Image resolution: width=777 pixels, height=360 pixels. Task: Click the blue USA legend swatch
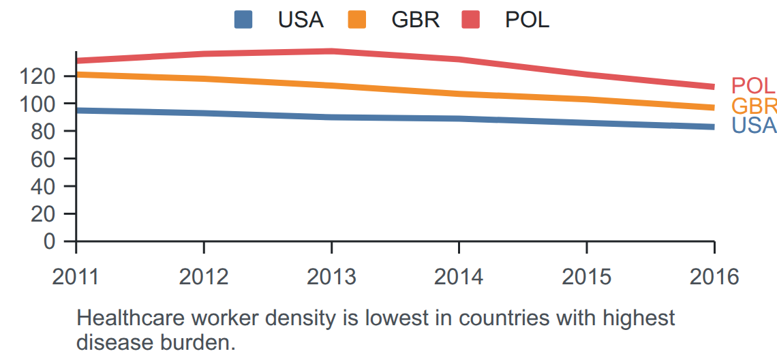243,20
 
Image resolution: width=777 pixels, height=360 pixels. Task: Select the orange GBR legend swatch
356,20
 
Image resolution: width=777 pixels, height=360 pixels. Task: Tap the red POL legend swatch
470,20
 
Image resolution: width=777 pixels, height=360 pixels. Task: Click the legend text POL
528,20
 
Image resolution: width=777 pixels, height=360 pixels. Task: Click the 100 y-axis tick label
43,104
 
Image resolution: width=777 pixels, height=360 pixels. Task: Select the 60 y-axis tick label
48,159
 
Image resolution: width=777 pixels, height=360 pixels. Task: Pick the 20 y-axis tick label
48,213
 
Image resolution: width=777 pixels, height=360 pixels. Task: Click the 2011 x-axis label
76,277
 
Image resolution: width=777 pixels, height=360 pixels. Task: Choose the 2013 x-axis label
331,277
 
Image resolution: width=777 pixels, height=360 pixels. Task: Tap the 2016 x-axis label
714,277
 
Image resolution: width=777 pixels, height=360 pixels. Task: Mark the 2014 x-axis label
459,277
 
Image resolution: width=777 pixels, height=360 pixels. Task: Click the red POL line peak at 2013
331,51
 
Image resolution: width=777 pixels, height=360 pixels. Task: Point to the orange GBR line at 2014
459,93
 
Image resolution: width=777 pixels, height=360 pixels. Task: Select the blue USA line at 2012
204,114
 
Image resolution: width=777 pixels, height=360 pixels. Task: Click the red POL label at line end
752,86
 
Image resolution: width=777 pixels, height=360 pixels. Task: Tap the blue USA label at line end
754,125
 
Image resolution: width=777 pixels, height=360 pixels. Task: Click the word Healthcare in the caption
126,318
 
